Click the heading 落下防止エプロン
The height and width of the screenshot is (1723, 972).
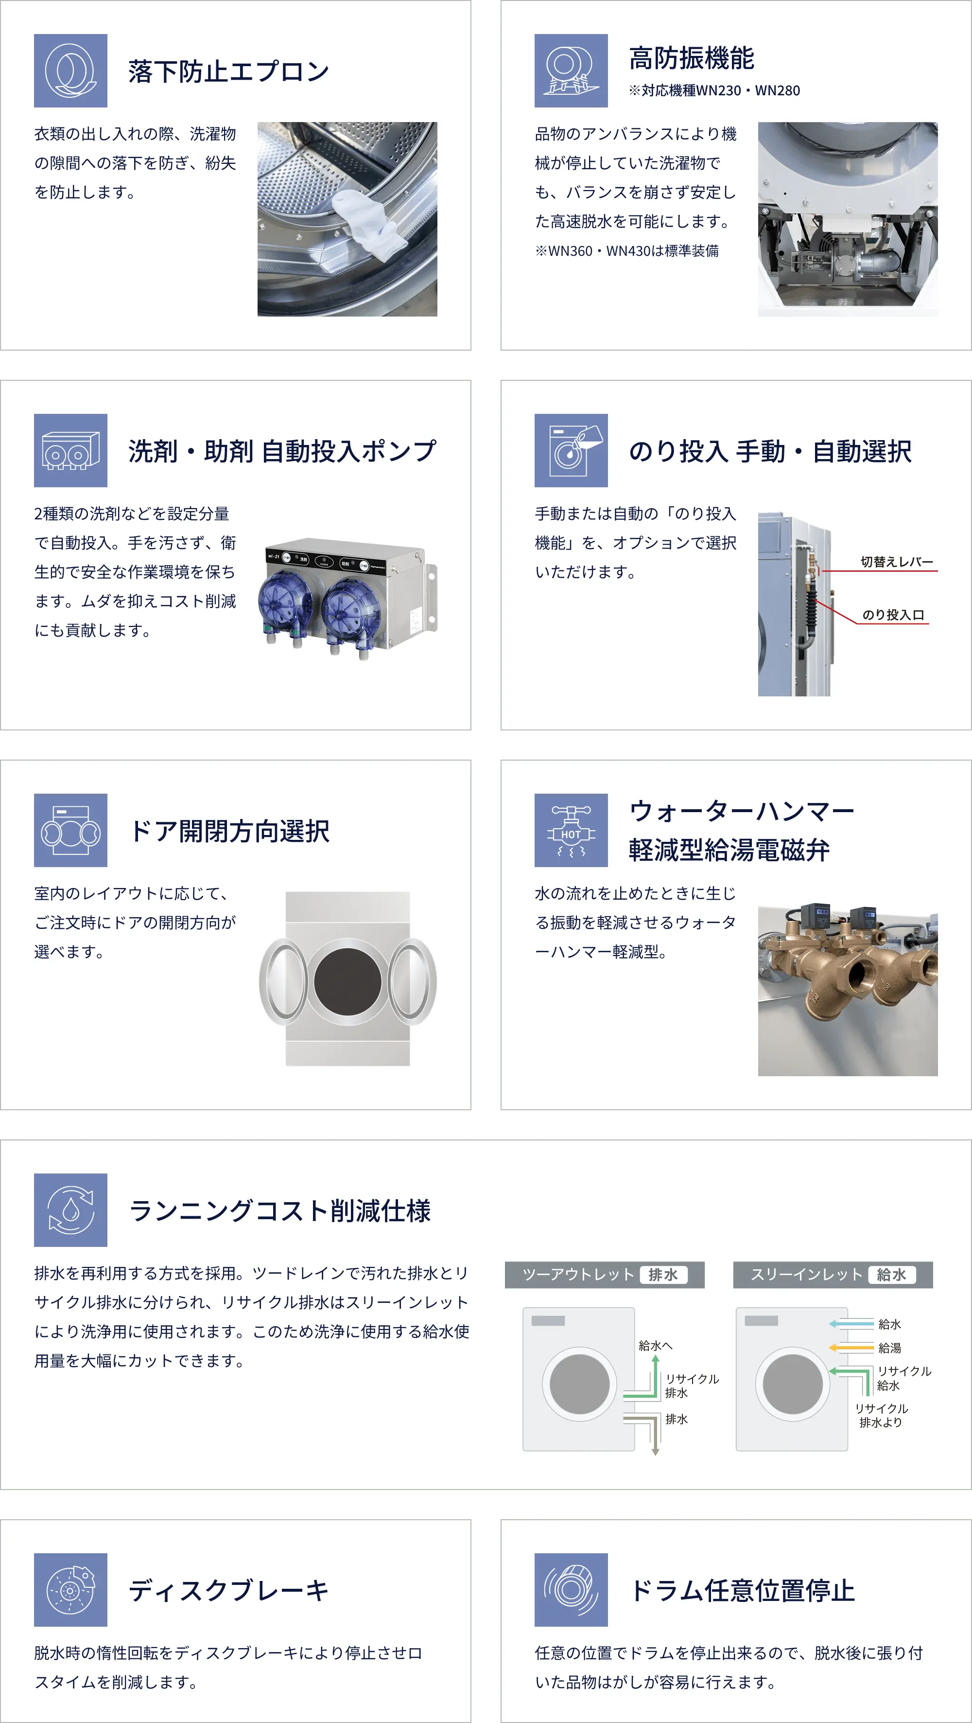(x=228, y=71)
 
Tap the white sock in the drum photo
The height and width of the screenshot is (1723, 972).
(x=370, y=224)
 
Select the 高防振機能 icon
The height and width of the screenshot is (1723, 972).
(x=571, y=70)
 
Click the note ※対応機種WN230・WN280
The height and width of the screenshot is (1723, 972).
(x=714, y=90)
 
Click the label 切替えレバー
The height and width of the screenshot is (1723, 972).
(x=897, y=562)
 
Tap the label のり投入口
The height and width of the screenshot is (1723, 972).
(x=893, y=615)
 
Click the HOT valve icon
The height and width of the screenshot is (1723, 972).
(x=571, y=830)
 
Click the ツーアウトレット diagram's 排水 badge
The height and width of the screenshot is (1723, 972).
(x=663, y=1275)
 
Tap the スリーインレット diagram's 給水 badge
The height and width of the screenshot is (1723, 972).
(x=892, y=1275)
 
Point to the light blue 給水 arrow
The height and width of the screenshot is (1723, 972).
(x=851, y=1324)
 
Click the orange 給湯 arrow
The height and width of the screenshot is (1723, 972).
(x=851, y=1347)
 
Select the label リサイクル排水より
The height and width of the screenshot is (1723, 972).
(x=881, y=1415)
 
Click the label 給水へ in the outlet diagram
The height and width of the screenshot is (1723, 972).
(x=655, y=1345)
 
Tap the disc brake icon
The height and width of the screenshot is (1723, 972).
(x=70, y=1590)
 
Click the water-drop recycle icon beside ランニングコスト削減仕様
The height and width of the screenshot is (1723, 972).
(x=70, y=1210)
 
